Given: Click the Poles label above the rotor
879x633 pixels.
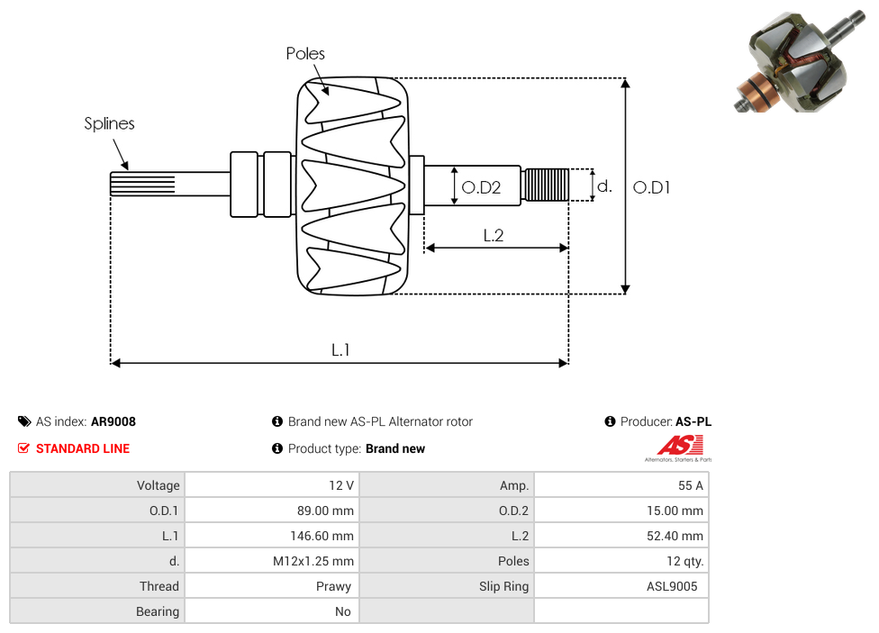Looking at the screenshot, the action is pos(305,53).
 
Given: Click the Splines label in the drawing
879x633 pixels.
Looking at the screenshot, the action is pos(109,123).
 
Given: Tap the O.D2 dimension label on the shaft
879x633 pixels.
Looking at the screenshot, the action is pos(481,187).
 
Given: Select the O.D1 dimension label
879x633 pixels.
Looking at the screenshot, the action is pos(651,187).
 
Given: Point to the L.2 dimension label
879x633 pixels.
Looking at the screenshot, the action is pos(494,236).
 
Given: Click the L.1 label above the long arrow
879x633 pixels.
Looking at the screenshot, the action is pos(340,350).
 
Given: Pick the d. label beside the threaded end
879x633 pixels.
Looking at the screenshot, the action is pos(604,185).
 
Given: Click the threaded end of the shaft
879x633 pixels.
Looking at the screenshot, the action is pos(545,185).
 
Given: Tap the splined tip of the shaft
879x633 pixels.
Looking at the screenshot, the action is pos(142,184).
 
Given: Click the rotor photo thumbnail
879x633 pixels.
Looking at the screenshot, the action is pos(800,61).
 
